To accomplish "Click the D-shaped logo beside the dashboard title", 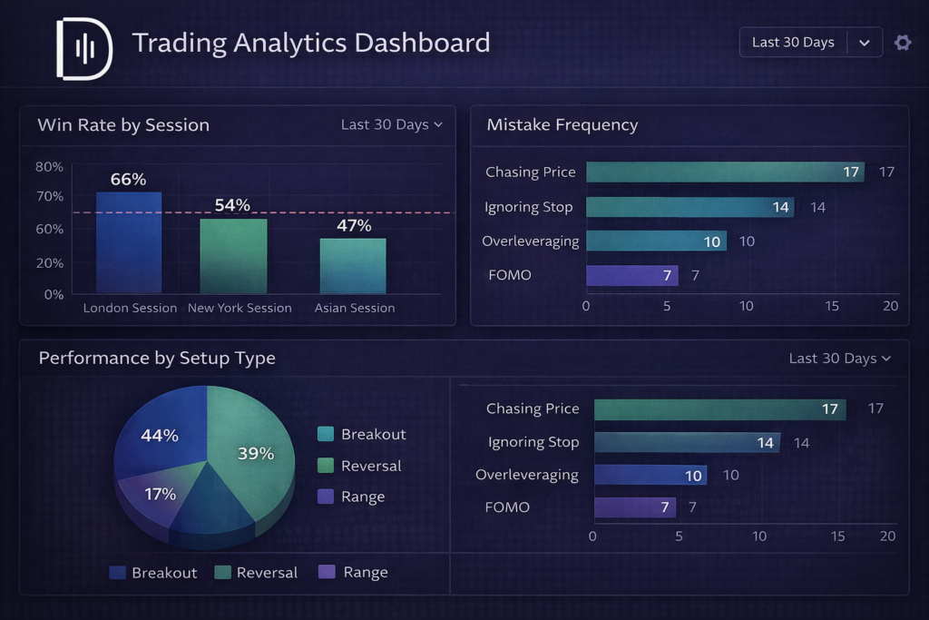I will (84, 48).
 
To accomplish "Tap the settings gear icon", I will (902, 43).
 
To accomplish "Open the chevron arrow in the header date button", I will (865, 43).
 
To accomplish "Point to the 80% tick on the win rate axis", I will (49, 167).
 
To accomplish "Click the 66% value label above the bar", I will (128, 180).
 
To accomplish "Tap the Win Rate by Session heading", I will (123, 125).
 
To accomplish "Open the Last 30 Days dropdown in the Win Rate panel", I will (391, 124).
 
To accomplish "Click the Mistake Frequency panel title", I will (562, 125).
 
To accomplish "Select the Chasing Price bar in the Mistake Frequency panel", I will (725, 172).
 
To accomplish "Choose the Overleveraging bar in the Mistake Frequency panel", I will (656, 241).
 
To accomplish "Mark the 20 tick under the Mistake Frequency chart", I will (890, 306).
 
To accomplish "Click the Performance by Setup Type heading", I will (157, 359).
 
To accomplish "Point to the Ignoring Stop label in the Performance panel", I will (533, 443).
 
